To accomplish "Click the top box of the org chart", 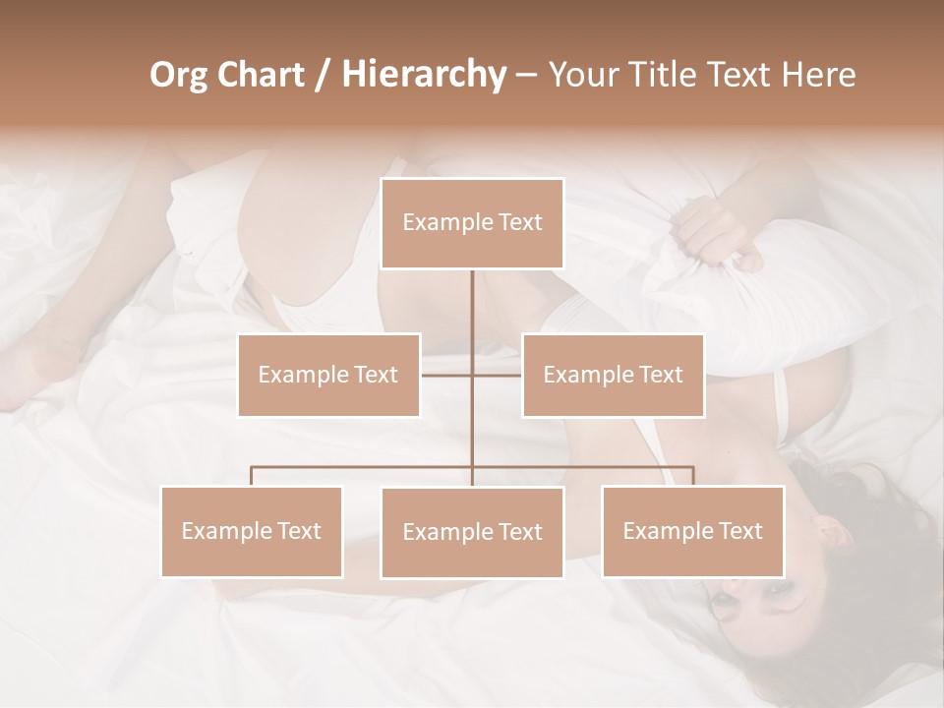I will (472, 223).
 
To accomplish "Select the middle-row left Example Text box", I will (328, 375).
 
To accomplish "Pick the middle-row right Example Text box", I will (613, 375).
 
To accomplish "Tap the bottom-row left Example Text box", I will (252, 531).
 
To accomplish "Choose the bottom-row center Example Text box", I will (472, 532).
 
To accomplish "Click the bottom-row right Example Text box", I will (692, 531).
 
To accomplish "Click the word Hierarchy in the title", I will (423, 75).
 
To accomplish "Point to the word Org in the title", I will (181, 75).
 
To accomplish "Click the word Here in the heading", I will (818, 75).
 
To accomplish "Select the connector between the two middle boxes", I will (472, 375).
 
